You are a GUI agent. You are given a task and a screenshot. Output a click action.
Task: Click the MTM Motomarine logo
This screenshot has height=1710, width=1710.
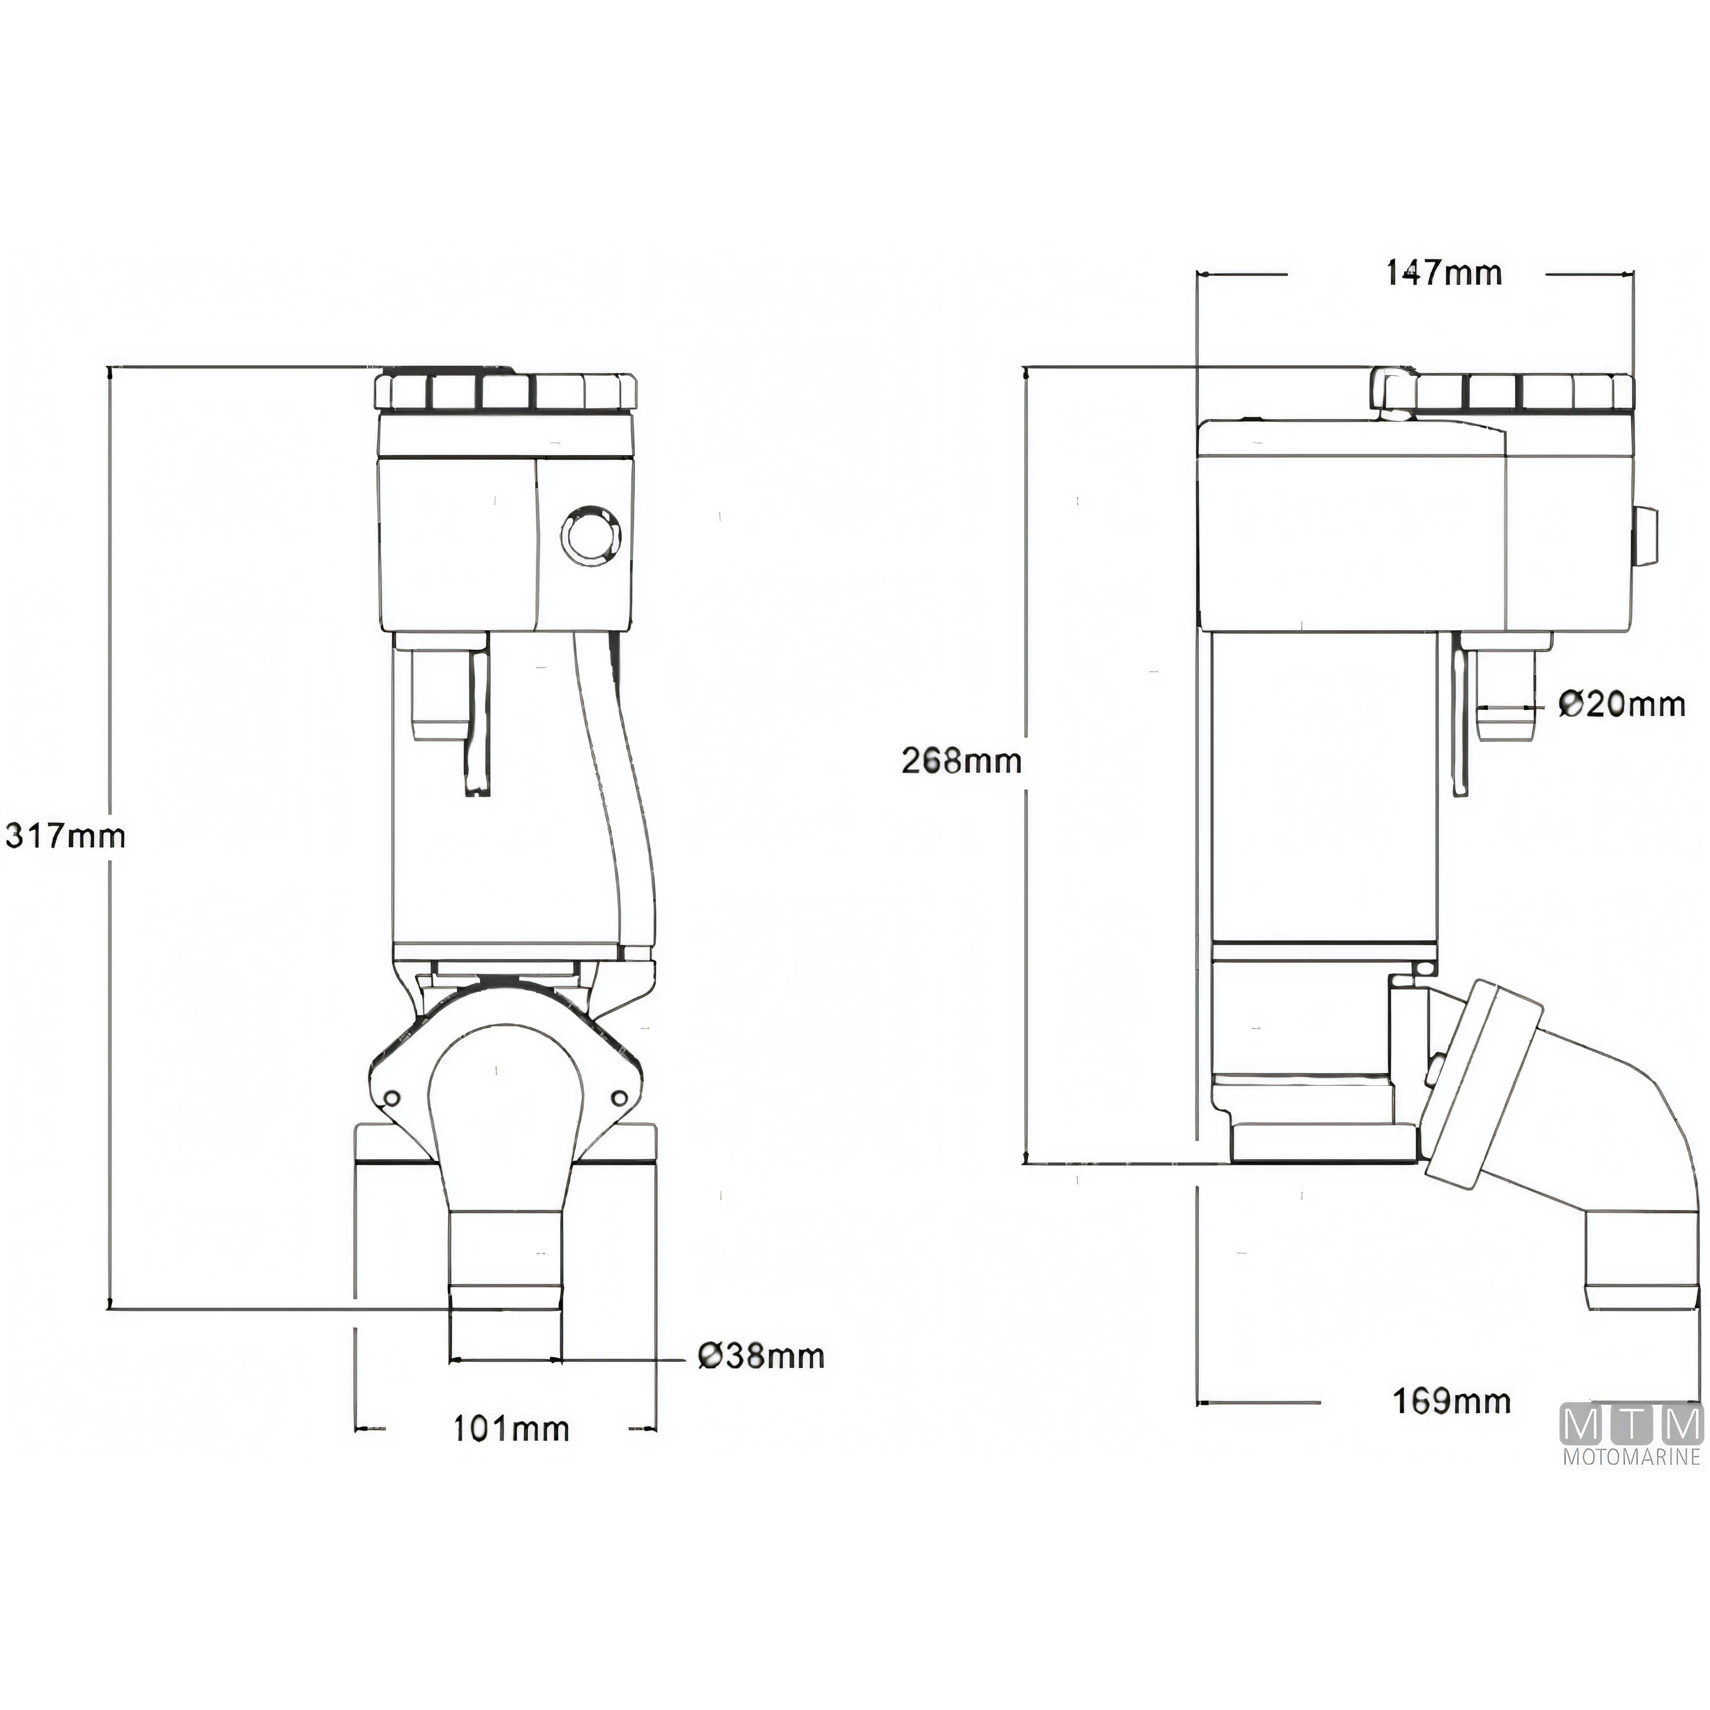tap(1633, 1438)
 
